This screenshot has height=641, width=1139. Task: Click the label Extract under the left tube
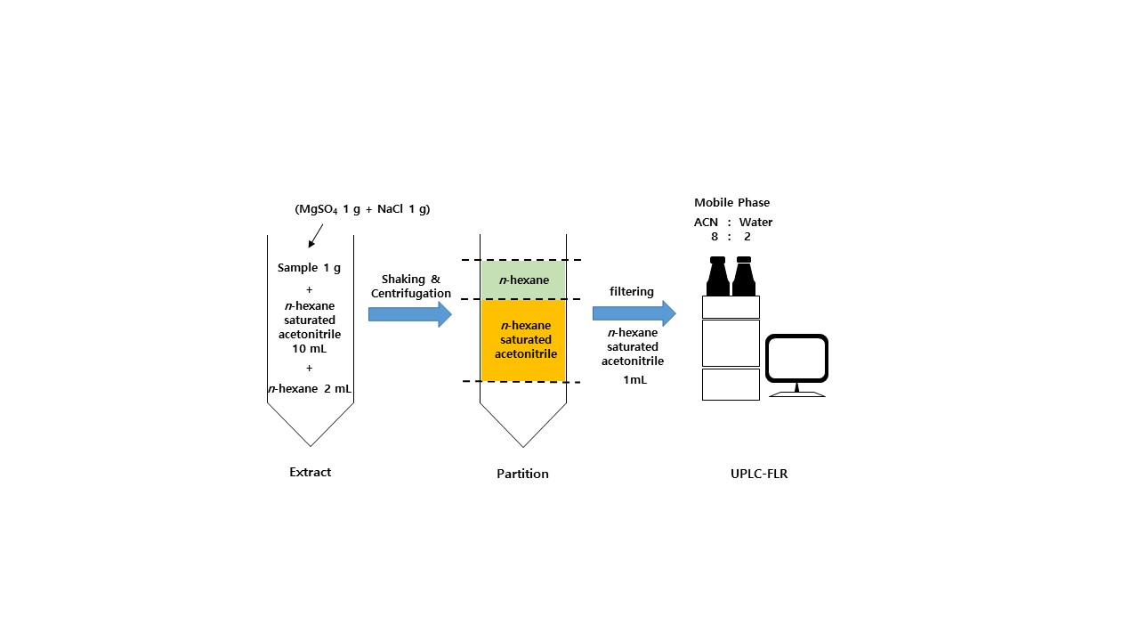click(310, 472)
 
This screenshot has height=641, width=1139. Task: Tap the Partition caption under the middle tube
click(522, 474)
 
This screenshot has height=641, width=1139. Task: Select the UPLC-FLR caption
click(753, 474)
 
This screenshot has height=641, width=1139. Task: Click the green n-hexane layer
click(523, 280)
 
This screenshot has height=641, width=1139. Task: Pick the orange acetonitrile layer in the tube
click(523, 340)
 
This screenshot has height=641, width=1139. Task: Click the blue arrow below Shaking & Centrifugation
click(409, 313)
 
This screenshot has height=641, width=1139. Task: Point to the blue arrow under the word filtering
click(634, 312)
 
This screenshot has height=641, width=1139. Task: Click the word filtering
click(632, 291)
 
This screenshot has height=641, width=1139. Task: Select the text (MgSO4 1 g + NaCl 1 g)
click(362, 209)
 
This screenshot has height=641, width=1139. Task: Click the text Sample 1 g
click(309, 267)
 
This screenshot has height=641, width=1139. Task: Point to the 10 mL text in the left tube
click(309, 348)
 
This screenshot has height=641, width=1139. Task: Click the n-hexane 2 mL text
click(309, 388)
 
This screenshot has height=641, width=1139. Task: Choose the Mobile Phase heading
click(731, 202)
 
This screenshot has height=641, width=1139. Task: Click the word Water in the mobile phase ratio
click(755, 222)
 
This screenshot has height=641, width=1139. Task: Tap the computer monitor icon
click(796, 363)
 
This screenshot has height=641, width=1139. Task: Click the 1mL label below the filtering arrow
click(634, 379)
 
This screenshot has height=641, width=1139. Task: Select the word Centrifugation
click(410, 293)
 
